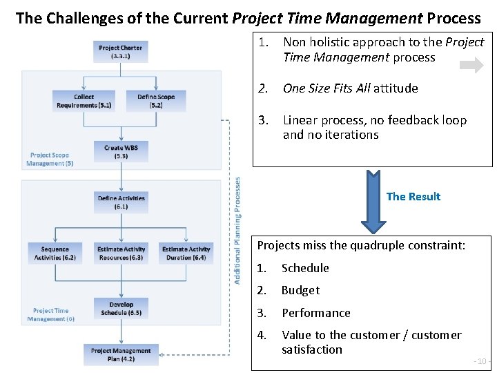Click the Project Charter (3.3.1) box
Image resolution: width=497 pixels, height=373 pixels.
point(121,52)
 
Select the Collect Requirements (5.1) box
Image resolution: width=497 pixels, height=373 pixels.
point(84,101)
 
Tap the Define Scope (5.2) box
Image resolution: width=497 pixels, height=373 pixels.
point(156,101)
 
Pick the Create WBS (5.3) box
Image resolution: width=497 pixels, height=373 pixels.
point(121,152)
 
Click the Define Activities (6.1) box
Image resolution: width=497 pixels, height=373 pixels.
point(121,202)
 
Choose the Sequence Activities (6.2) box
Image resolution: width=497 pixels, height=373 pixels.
point(55,254)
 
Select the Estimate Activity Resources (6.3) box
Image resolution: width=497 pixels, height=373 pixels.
point(121,254)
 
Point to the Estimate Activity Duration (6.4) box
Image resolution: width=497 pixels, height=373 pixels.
point(186,254)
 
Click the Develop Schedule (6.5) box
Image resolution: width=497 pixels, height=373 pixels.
point(121,308)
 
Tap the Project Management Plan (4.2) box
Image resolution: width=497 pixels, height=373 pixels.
point(121,354)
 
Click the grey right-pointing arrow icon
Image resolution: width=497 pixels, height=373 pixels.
point(472,66)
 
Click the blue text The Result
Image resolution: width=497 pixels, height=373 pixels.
point(413,197)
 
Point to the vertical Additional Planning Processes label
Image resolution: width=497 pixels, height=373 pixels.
point(237,229)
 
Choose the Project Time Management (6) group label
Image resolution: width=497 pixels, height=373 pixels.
point(51,315)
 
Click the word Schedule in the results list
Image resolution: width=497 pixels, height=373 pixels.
point(305,268)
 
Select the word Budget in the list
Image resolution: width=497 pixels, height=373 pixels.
point(300,290)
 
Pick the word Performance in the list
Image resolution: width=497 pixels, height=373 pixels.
point(315,313)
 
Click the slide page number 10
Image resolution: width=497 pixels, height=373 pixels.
point(480,361)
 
